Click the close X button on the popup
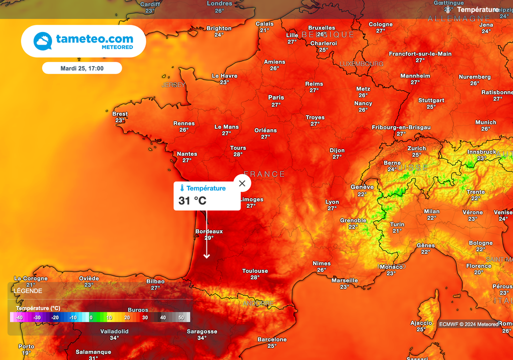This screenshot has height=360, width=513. (x=242, y=183)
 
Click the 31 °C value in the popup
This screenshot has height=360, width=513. (x=192, y=201)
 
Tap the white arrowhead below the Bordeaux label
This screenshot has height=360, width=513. (x=206, y=256)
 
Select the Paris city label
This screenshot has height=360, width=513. (x=276, y=98)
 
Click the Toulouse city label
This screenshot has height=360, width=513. (x=255, y=271)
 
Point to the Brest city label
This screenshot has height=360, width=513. (x=120, y=114)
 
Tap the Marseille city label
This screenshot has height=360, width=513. (x=345, y=280)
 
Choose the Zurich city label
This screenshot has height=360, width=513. (x=416, y=148)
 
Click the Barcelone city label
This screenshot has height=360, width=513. (x=272, y=339)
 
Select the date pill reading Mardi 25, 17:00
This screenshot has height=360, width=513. (x=82, y=68)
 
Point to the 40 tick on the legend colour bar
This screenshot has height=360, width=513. (x=163, y=317)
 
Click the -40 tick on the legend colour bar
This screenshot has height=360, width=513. (x=19, y=317)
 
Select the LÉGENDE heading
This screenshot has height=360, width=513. (x=28, y=291)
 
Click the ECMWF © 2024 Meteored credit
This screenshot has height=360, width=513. (x=468, y=324)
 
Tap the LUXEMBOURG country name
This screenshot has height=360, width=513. (x=361, y=64)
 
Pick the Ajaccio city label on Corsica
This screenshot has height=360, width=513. (x=421, y=323)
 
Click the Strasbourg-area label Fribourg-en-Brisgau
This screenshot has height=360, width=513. (x=401, y=128)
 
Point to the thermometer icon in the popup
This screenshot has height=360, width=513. (x=182, y=188)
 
